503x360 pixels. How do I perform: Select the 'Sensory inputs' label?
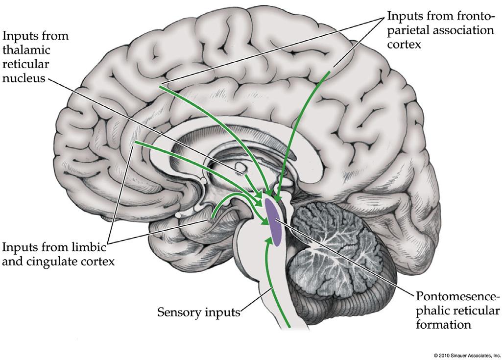(198, 312)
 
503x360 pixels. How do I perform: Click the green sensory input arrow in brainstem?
(271, 284)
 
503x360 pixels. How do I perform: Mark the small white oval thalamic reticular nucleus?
(240, 168)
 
